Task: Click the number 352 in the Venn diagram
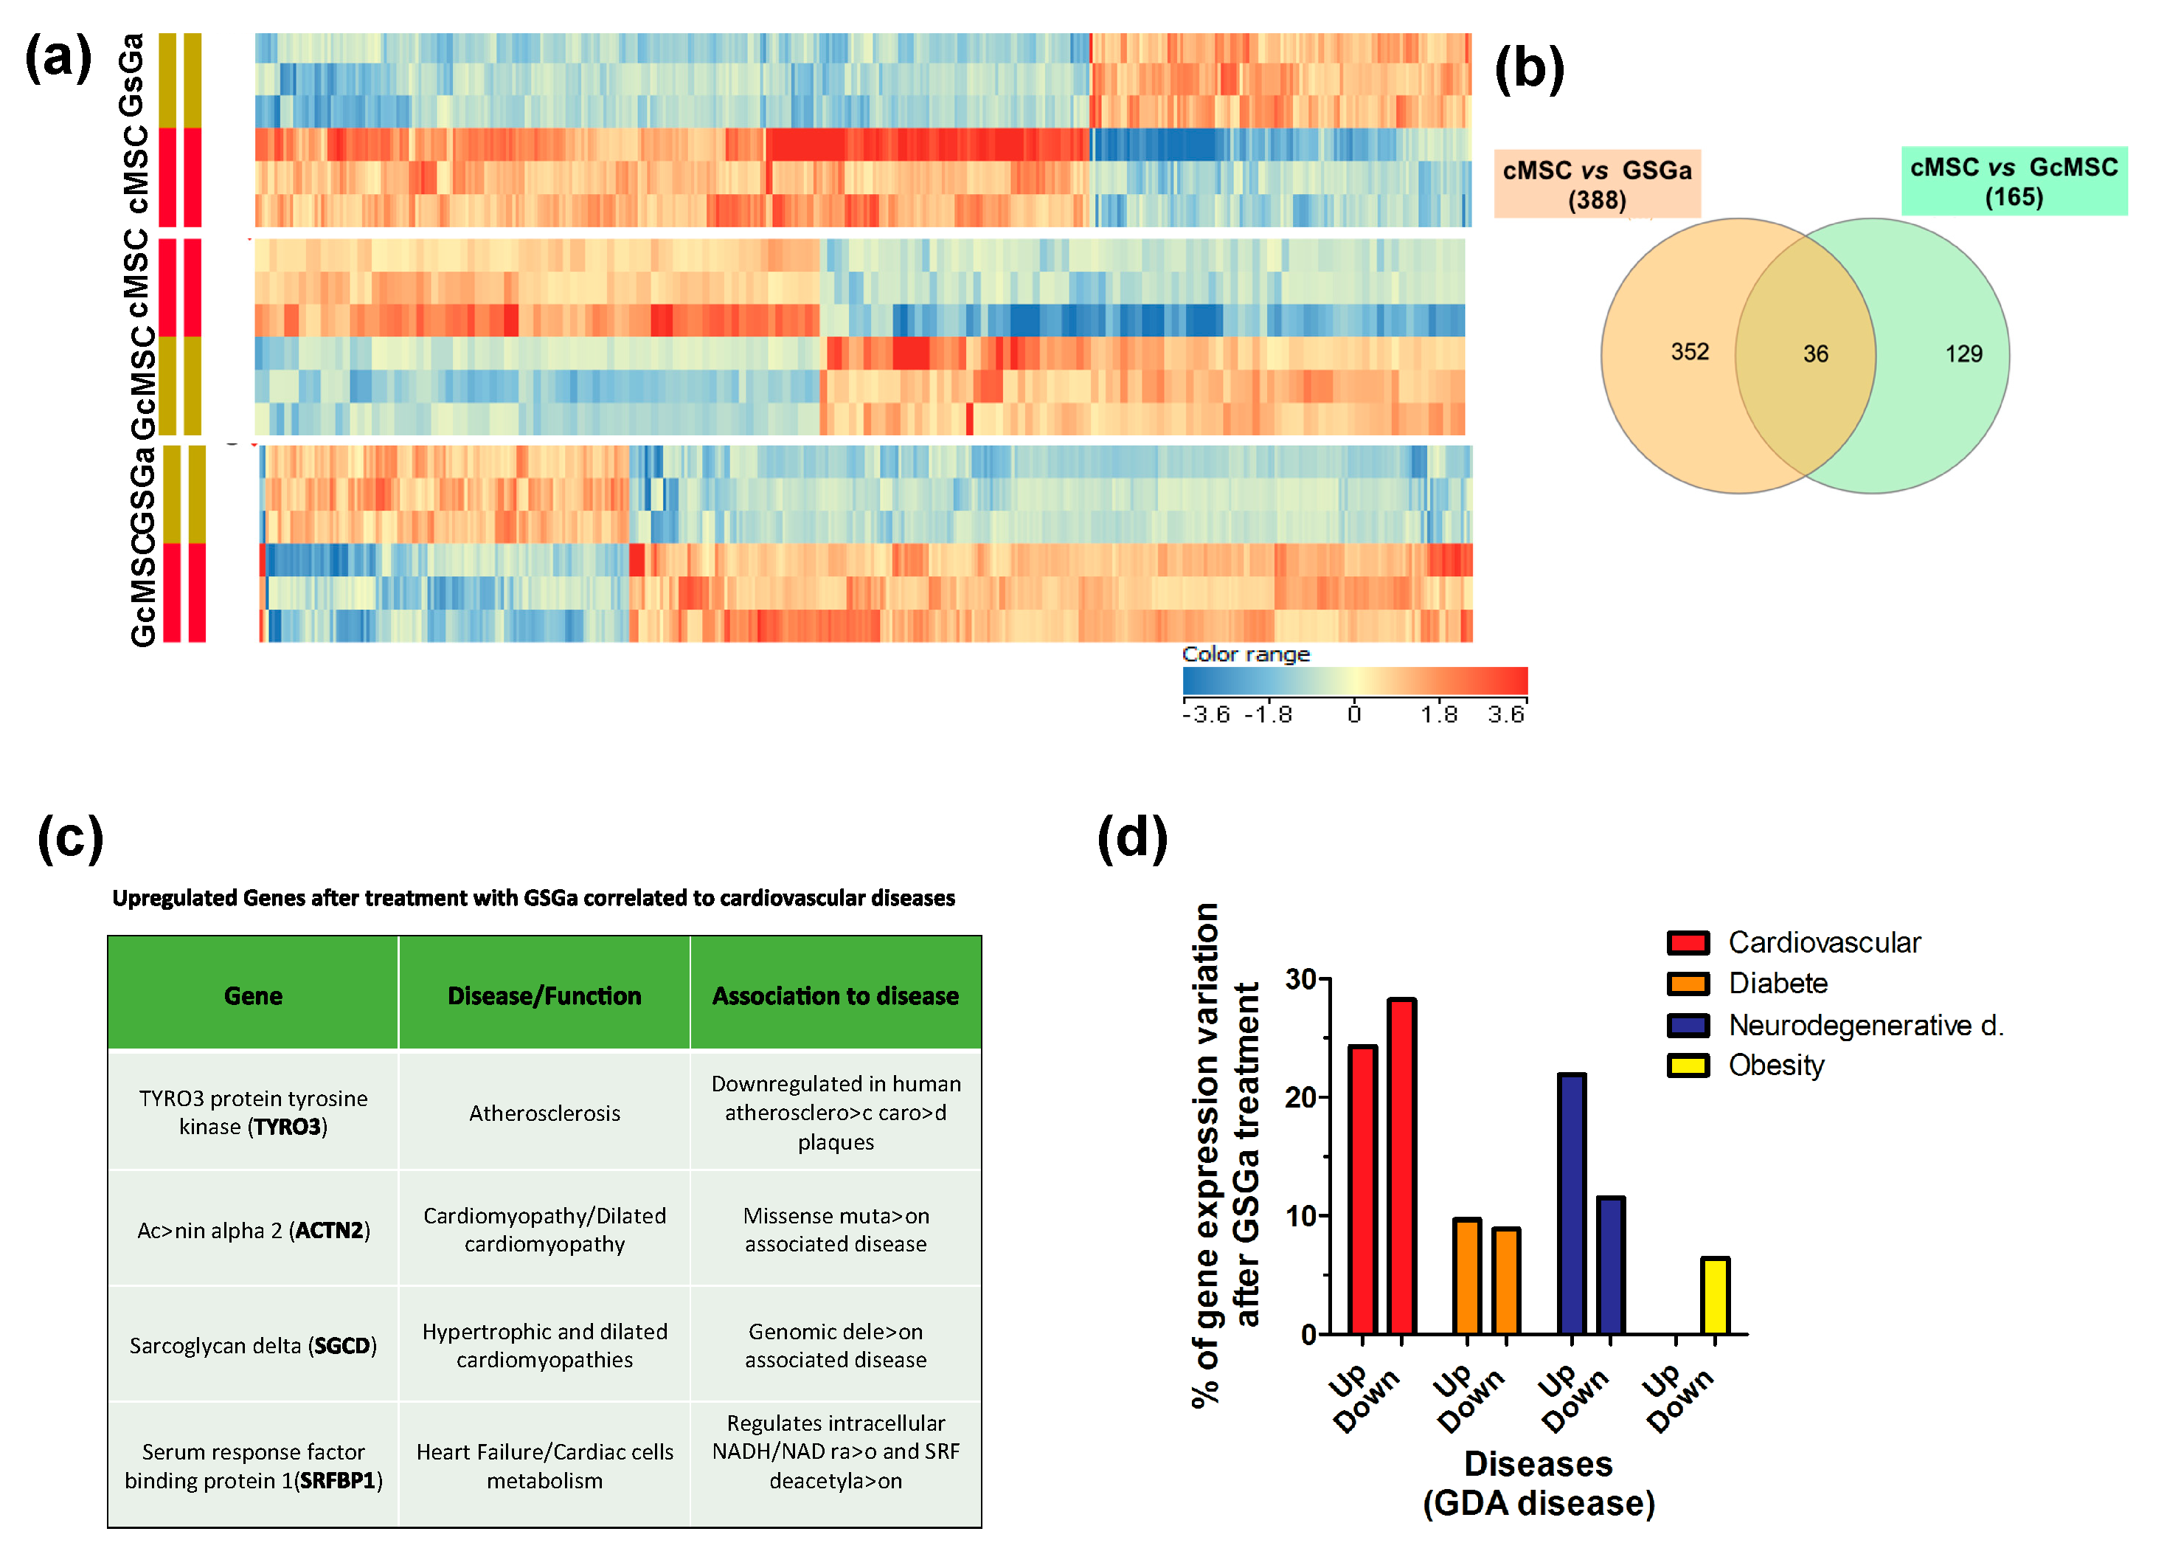(1689, 352)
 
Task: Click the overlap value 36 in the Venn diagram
(1815, 354)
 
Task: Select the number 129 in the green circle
(1963, 354)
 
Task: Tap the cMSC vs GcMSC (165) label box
(2014, 182)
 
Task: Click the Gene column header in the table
(253, 995)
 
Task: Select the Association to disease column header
(835, 995)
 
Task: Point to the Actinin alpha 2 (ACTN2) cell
(253, 1230)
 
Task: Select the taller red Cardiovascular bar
(1401, 1166)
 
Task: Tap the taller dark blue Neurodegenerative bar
(1572, 1203)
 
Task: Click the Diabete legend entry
(1777, 983)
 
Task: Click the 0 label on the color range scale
(1353, 714)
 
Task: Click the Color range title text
(1245, 654)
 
